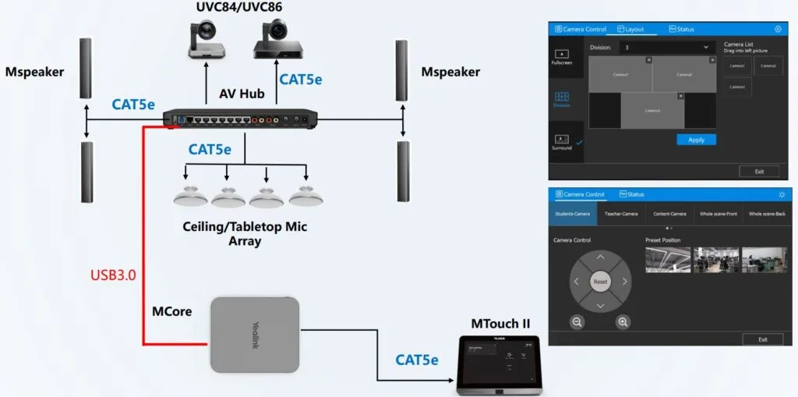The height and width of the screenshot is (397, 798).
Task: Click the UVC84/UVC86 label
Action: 239,8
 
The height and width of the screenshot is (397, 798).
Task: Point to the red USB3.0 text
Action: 113,275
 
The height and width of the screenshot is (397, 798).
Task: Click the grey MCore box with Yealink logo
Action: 255,334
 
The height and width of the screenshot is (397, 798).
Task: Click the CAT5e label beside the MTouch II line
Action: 417,360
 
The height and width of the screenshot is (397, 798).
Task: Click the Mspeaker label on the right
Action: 450,73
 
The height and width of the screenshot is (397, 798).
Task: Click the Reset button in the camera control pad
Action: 600,281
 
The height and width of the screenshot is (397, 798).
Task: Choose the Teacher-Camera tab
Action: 621,213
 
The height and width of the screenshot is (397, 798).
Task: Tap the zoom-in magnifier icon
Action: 623,321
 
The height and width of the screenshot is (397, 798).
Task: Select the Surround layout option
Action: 561,142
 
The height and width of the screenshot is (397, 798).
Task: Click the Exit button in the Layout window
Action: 758,171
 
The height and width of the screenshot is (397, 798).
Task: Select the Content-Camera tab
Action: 669,213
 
